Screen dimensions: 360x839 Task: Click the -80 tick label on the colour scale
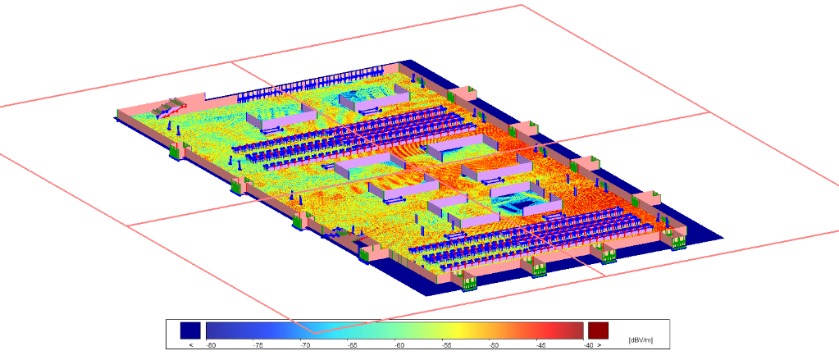(x=211, y=345)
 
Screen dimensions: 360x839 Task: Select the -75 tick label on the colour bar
(x=258, y=345)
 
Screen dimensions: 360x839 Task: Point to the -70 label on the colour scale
(x=305, y=345)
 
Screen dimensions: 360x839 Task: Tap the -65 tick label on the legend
(x=352, y=345)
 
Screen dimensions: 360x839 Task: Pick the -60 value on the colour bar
(x=399, y=345)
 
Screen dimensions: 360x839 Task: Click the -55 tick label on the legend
(x=446, y=345)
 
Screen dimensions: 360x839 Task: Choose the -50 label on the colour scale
(x=494, y=345)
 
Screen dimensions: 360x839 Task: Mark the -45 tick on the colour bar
(x=540, y=345)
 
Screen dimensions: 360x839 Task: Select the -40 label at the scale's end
(x=587, y=345)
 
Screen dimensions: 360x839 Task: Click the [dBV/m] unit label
(x=640, y=339)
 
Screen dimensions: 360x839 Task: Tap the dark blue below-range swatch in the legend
(x=190, y=330)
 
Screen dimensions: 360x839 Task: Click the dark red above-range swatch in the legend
(x=599, y=330)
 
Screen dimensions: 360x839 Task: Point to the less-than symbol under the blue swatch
(x=190, y=345)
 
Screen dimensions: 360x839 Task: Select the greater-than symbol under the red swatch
(x=599, y=345)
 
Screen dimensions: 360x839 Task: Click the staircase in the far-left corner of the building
(x=171, y=107)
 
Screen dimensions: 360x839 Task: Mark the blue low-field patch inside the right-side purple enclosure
(x=515, y=199)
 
